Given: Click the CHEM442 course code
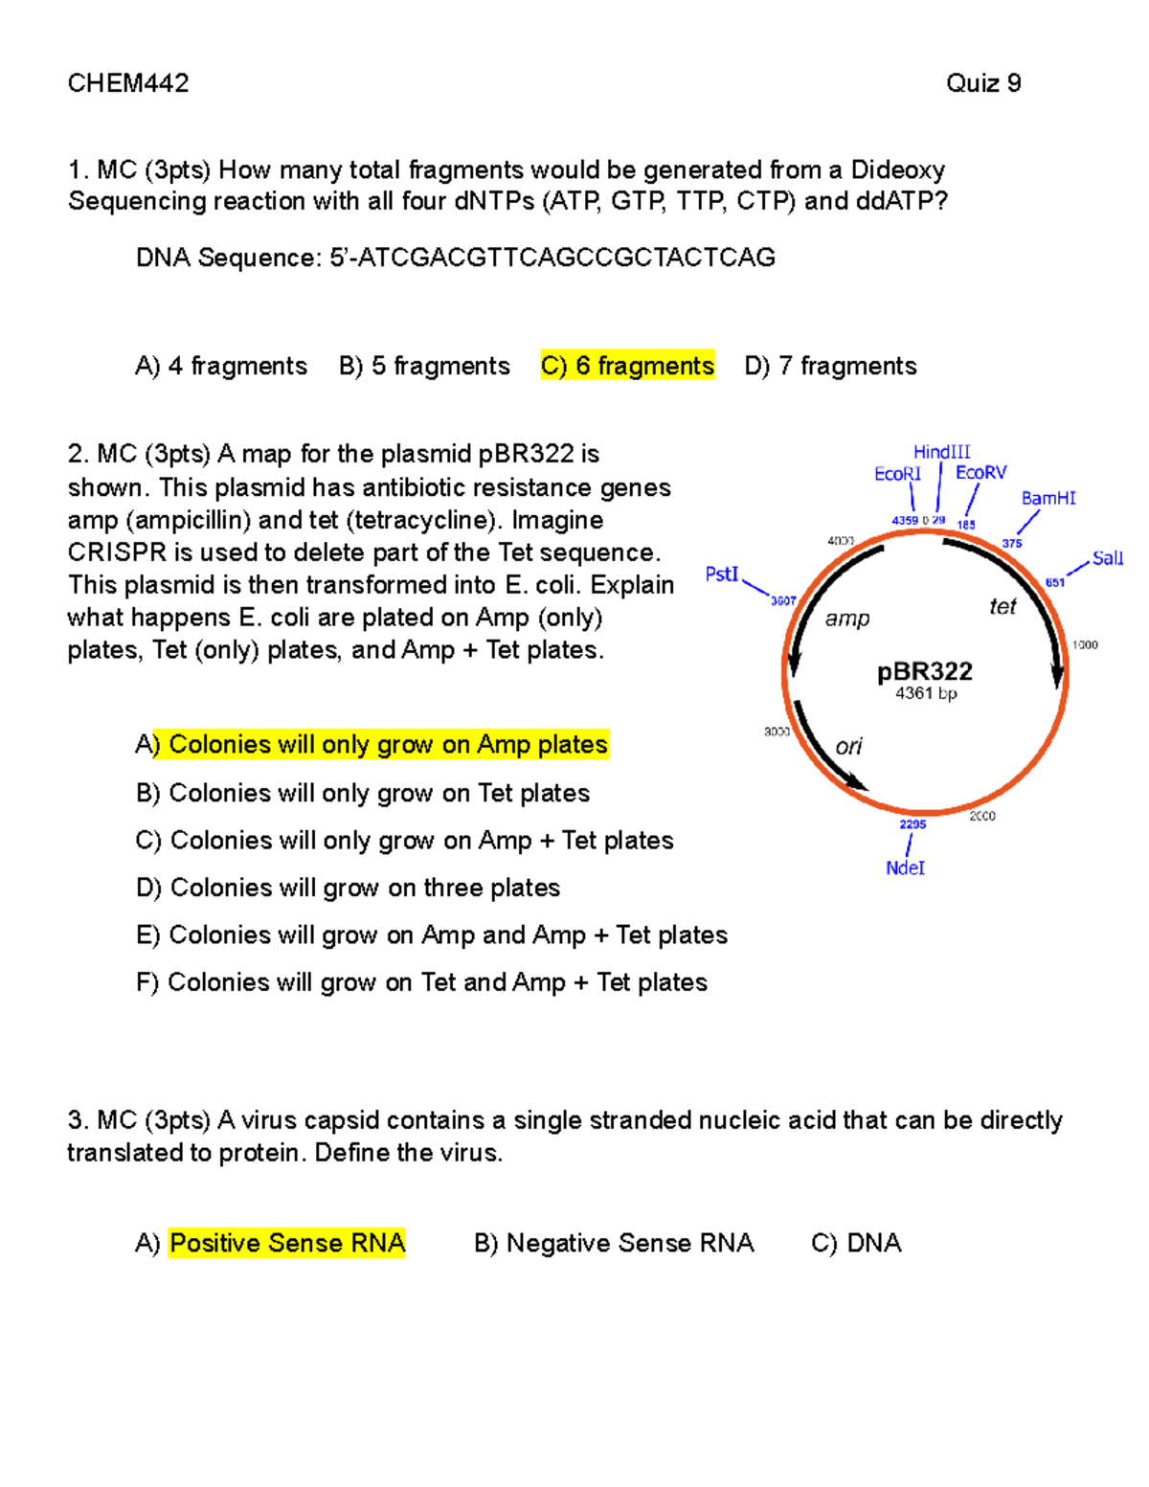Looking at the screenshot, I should click(128, 83).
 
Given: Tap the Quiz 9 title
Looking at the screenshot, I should click(983, 83).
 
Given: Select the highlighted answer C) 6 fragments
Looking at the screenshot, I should click(627, 366).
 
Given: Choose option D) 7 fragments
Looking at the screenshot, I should click(830, 366).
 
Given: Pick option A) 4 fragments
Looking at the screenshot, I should click(221, 366).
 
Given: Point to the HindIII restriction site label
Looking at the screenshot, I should click(941, 452).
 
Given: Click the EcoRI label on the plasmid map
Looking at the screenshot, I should click(897, 474).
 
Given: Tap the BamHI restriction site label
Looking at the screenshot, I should click(1048, 498).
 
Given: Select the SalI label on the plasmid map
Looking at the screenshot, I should click(1107, 558).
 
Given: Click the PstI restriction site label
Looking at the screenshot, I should click(722, 574).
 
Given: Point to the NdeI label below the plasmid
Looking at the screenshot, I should click(905, 867).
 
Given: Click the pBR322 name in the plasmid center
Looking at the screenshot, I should click(925, 671).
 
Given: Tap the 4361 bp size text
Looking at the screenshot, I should click(926, 693).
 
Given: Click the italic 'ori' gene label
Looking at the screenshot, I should click(848, 746).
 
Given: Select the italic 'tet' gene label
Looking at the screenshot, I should click(1003, 606).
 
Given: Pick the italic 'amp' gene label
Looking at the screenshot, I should click(847, 619).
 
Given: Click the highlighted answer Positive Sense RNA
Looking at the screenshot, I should click(286, 1243).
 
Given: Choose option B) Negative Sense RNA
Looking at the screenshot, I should click(614, 1243).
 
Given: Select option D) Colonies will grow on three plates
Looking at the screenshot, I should click(348, 888).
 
